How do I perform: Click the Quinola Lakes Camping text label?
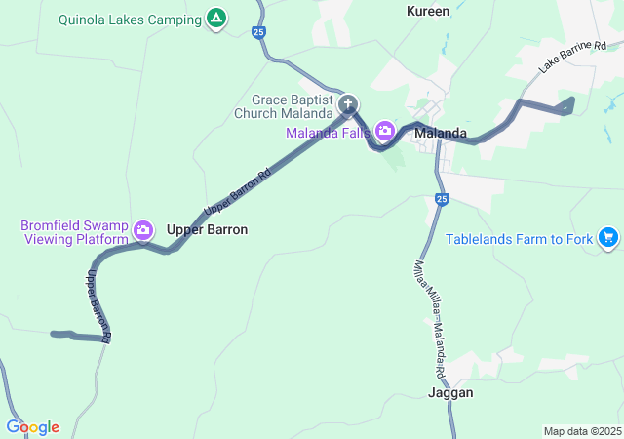(129, 19)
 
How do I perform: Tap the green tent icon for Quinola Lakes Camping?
(216, 19)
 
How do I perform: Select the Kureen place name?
(428, 11)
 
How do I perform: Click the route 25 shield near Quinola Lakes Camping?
(258, 32)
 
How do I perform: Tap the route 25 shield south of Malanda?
(442, 199)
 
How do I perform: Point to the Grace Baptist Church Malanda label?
(292, 106)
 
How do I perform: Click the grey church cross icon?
(348, 105)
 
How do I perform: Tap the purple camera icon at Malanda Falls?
(385, 131)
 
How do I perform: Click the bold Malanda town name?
(441, 133)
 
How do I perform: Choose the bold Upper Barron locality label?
(207, 229)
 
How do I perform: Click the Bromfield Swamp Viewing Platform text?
(75, 232)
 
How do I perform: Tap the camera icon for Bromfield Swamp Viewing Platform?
(143, 230)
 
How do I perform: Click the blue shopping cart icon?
(608, 237)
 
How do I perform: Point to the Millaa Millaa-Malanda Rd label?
(429, 317)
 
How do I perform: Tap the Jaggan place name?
(450, 392)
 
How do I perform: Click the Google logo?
(32, 427)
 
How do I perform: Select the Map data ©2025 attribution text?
(581, 431)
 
